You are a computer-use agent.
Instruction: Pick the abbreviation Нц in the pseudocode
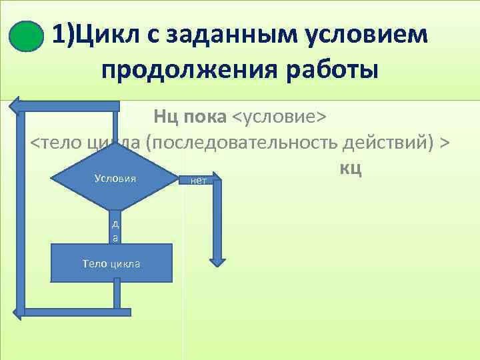pos(165,118)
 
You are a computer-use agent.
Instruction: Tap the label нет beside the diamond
pos(198,181)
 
